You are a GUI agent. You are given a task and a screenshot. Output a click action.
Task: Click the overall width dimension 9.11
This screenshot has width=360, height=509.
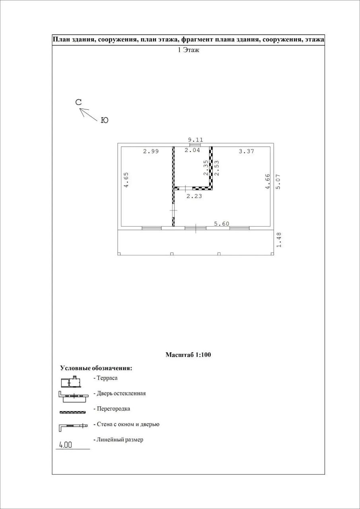point(195,140)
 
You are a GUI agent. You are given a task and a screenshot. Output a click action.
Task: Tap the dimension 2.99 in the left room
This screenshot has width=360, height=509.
point(151,151)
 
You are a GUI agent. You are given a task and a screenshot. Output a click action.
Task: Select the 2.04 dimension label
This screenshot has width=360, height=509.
point(192,150)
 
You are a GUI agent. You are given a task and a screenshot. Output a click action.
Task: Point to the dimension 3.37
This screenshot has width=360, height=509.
point(246,151)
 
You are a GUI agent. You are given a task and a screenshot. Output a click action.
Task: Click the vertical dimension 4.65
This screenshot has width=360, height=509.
point(126,179)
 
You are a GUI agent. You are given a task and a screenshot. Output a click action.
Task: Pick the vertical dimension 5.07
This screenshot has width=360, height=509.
point(278,181)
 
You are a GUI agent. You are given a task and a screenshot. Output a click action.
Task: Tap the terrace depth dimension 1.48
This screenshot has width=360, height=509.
point(279,240)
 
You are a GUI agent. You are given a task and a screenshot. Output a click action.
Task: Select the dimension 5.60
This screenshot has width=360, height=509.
point(222,224)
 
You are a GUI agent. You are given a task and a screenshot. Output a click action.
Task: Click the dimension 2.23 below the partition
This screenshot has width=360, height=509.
point(194,196)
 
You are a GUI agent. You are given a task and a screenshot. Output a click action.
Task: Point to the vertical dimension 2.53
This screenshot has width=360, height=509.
point(216,168)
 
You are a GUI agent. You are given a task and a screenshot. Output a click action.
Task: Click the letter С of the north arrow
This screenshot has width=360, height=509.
point(78,102)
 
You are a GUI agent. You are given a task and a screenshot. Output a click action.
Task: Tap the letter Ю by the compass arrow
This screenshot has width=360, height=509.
point(104,120)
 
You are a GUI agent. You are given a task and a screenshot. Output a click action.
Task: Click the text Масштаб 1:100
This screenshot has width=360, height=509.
point(188,355)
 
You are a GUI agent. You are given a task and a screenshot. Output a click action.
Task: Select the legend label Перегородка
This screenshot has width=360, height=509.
point(113,409)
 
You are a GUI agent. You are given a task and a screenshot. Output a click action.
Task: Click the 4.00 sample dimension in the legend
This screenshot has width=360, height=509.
point(65,445)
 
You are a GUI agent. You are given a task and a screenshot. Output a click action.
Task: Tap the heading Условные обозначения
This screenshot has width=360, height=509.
point(96,368)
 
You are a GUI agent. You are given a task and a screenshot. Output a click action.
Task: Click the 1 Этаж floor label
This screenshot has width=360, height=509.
point(189,50)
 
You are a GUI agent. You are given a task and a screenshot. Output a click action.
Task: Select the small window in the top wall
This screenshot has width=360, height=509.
point(195,145)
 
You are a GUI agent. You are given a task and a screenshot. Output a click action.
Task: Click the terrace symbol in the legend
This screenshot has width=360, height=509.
point(71,382)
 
